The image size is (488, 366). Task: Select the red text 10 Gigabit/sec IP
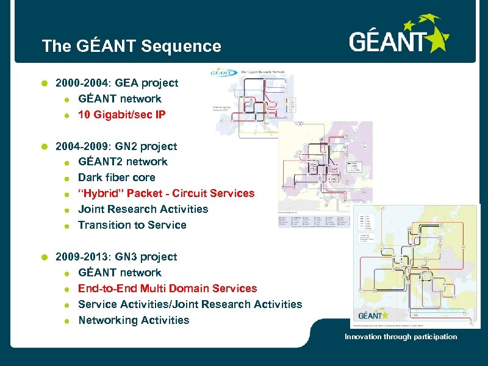121,114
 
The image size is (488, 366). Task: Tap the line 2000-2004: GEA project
117,82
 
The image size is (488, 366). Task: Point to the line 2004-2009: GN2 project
116,146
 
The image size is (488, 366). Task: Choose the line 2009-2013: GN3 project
116,257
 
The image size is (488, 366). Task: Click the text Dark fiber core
117,178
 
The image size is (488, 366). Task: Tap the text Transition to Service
132,225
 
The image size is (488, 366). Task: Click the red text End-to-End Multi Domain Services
167,289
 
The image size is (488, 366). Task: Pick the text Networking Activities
134,320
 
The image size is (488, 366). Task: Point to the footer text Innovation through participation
401,337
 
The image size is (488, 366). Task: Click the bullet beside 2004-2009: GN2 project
44,146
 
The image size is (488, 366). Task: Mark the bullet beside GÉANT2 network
67,162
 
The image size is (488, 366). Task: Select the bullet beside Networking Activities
67,321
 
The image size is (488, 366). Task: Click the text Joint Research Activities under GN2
143,209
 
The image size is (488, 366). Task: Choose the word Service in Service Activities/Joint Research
98,304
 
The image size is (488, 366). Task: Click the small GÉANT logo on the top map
224,71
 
